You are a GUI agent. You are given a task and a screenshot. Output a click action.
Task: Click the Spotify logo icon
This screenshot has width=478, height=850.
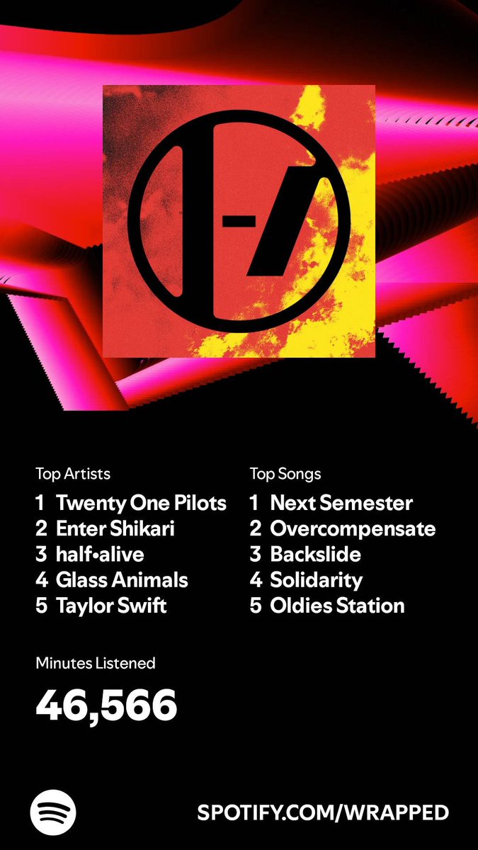(53, 812)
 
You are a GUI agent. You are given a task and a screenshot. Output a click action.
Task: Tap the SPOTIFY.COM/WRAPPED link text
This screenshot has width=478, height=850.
(323, 812)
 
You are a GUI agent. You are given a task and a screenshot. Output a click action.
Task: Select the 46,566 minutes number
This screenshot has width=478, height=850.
(106, 704)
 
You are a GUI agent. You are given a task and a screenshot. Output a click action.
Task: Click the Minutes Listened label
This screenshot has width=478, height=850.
(96, 664)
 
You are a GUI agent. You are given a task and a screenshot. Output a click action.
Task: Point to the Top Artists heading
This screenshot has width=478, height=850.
(73, 473)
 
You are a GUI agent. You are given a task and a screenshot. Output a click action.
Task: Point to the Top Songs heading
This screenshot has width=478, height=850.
(285, 473)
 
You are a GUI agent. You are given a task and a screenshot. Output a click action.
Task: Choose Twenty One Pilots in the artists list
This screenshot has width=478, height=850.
(141, 504)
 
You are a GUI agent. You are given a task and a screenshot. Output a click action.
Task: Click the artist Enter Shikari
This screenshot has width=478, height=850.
(115, 529)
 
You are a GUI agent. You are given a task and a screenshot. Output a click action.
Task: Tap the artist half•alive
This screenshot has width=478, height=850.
(100, 555)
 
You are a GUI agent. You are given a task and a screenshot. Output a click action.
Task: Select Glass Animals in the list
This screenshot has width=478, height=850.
(122, 580)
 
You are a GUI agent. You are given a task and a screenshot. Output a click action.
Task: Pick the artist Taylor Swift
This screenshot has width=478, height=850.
(111, 606)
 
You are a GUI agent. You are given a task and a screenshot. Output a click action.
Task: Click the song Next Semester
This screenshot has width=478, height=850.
(341, 504)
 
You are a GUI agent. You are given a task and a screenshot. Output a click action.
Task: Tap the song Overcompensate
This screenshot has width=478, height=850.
(353, 529)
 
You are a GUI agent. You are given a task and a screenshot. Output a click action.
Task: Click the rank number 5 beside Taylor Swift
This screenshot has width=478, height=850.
(41, 606)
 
